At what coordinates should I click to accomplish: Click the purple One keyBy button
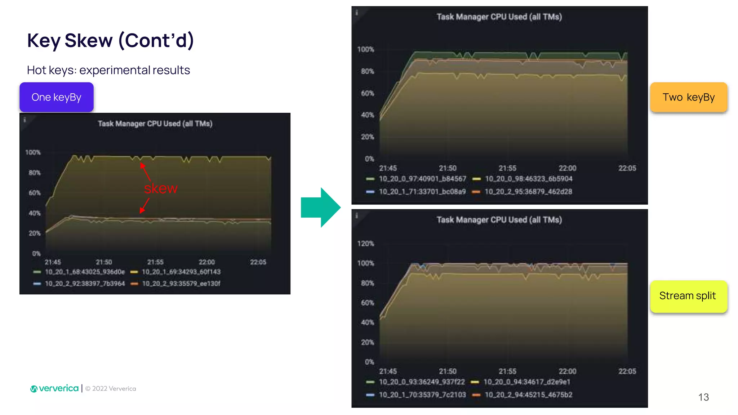pyautogui.click(x=57, y=97)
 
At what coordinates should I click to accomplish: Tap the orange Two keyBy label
pyautogui.click(x=688, y=97)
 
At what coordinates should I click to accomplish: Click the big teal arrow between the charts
pyautogui.click(x=320, y=207)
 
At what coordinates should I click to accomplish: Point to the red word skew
pyautogui.click(x=161, y=188)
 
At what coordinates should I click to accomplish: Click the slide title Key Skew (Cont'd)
pyautogui.click(x=111, y=40)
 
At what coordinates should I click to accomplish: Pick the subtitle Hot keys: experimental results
pyautogui.click(x=108, y=70)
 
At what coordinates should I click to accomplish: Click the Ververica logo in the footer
pyautogui.click(x=54, y=388)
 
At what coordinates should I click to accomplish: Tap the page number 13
pyautogui.click(x=703, y=397)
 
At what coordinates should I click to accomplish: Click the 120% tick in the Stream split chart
pyautogui.click(x=366, y=244)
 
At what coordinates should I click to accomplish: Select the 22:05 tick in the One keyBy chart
pyautogui.click(x=258, y=262)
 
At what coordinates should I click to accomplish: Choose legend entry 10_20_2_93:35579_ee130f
pyautogui.click(x=181, y=284)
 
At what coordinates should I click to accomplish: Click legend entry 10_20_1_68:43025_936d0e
pyautogui.click(x=85, y=272)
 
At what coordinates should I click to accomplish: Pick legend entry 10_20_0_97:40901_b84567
pyautogui.click(x=422, y=179)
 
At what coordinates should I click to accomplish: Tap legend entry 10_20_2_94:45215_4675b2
pyautogui.click(x=528, y=395)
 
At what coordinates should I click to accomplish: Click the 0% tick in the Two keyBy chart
pyautogui.click(x=369, y=159)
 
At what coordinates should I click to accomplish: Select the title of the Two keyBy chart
pyautogui.click(x=499, y=17)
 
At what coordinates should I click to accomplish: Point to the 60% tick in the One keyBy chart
pyautogui.click(x=35, y=193)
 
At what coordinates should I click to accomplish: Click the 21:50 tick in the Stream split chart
pyautogui.click(x=448, y=371)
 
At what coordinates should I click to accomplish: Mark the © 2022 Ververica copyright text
pyautogui.click(x=111, y=389)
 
